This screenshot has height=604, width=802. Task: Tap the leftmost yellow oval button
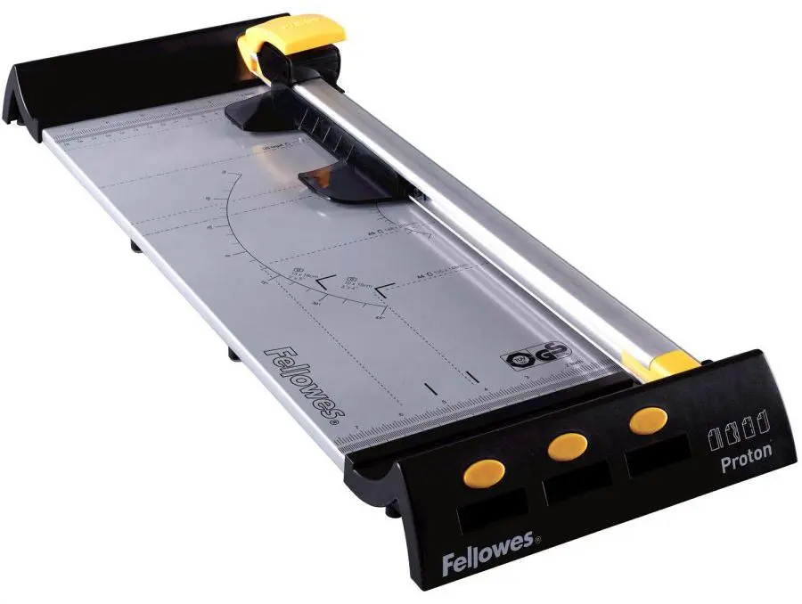click(x=485, y=472)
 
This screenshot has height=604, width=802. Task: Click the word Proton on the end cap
click(x=745, y=450)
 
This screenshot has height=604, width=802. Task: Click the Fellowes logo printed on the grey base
click(x=303, y=381)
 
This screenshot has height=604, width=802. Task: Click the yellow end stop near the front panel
click(x=659, y=361)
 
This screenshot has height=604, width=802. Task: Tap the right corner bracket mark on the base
click(x=384, y=290)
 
